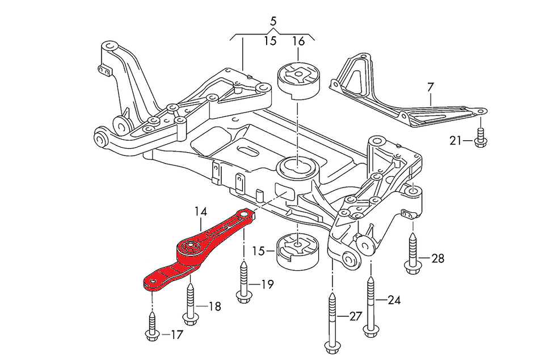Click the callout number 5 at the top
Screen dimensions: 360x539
(273, 22)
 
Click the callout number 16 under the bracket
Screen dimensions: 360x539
(298, 41)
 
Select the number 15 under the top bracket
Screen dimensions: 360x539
(270, 41)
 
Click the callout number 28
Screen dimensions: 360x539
(437, 259)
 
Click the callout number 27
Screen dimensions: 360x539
(355, 316)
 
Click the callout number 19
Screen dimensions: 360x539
(267, 283)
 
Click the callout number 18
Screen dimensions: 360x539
(214, 307)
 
